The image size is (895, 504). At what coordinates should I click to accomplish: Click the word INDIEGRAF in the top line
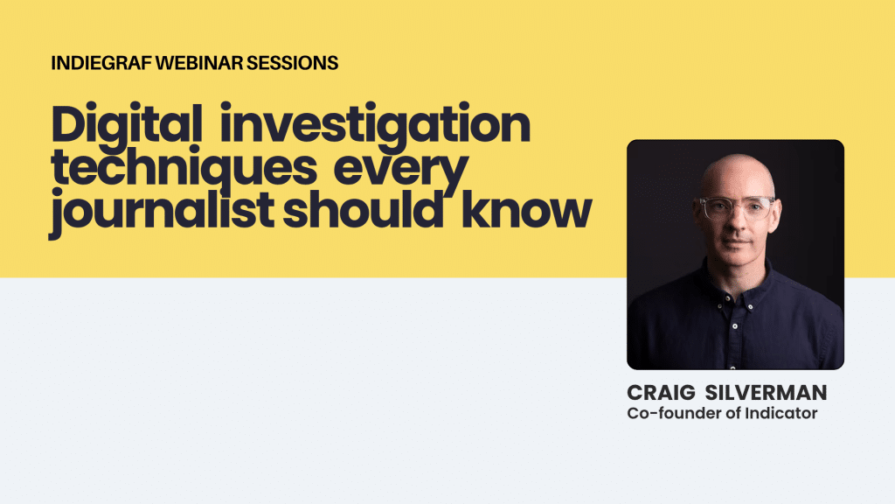click(102, 63)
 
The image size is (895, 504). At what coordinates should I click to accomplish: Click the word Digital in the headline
click(127, 126)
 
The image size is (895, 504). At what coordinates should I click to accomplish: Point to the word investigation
click(376, 126)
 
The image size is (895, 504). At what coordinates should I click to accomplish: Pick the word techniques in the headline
click(184, 169)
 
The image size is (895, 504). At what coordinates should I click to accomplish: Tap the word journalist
click(162, 212)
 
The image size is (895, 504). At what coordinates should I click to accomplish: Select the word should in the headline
click(363, 209)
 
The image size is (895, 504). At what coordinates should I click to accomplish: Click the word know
click(526, 209)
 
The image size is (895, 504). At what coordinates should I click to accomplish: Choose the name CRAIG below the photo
click(661, 393)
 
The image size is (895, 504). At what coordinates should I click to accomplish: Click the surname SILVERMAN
click(766, 393)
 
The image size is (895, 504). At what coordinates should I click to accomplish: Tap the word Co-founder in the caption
click(675, 413)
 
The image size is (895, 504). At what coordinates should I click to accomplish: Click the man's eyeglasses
click(736, 207)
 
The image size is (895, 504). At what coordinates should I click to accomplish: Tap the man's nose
click(734, 224)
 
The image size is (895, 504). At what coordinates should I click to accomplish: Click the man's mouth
click(735, 242)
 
